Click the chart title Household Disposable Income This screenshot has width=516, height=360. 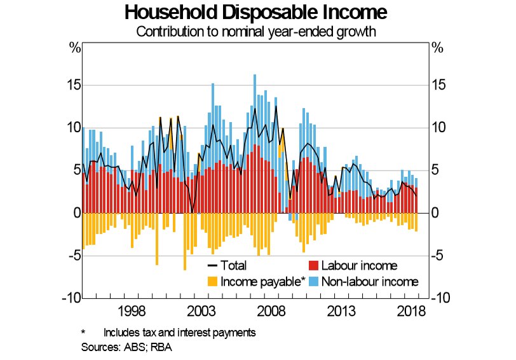(256, 13)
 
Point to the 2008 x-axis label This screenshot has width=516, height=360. (272, 311)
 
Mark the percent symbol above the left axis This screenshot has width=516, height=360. (74, 48)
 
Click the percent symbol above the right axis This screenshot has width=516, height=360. (437, 48)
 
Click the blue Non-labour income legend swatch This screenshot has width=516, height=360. (313, 281)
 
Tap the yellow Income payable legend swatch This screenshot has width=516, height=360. (212, 281)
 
